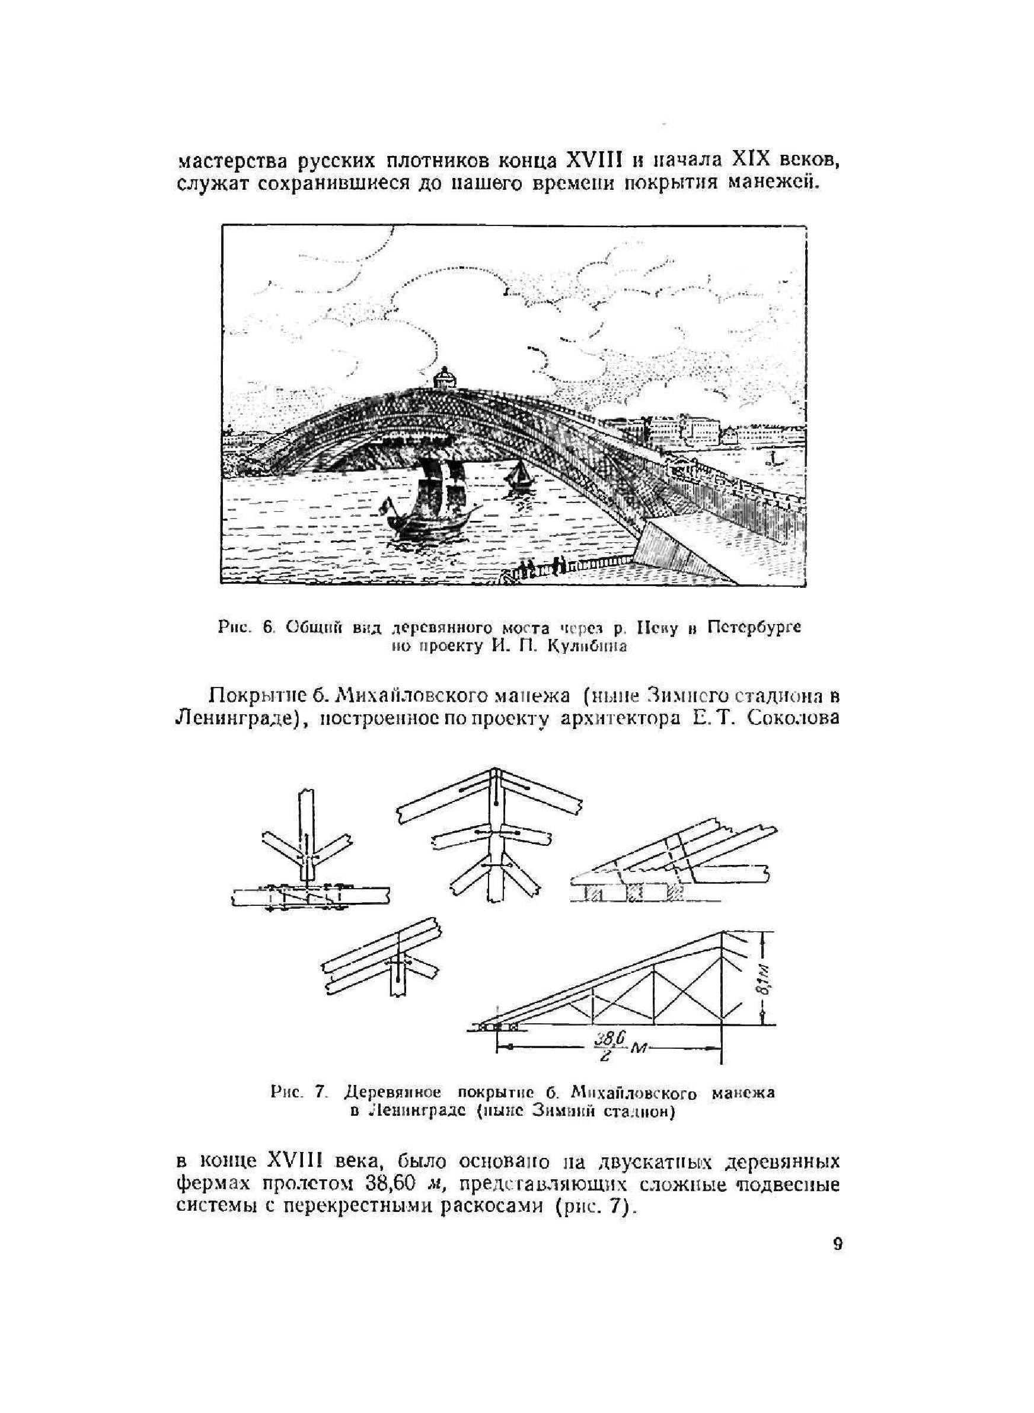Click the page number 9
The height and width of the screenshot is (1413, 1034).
pos(838,1243)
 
